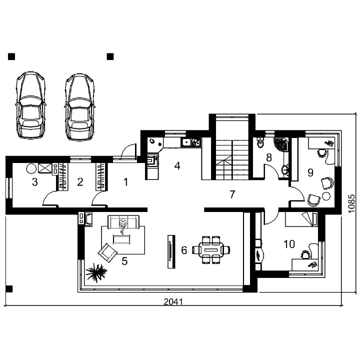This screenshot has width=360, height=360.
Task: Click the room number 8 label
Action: coord(269,157)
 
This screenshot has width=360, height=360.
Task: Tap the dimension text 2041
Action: coord(173,301)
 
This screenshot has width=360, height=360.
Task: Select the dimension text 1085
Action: coord(351,203)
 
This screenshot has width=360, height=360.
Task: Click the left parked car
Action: coord(30,105)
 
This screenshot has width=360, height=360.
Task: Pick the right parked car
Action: coord(79,106)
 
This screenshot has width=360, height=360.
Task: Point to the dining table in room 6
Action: coord(211,250)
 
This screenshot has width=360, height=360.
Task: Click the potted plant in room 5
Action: coord(96,272)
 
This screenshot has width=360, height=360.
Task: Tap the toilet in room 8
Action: coord(260,143)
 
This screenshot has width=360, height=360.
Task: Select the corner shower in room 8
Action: coord(281,144)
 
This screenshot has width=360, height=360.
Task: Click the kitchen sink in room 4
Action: coord(186,142)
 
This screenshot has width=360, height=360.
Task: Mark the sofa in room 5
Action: coord(123,222)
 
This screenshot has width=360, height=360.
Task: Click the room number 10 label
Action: coord(289,244)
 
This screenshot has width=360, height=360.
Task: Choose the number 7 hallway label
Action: coord(232,194)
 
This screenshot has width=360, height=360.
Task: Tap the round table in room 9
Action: coord(326,196)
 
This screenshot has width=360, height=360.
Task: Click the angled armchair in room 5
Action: coord(107,253)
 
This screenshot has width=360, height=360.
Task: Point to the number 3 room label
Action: coord(34,182)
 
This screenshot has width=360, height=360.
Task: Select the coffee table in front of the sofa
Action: coord(121,239)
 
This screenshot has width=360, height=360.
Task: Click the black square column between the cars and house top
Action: coord(110,56)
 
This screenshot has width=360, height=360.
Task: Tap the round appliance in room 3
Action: coord(31,169)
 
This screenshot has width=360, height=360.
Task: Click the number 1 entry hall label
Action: coord(125,182)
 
